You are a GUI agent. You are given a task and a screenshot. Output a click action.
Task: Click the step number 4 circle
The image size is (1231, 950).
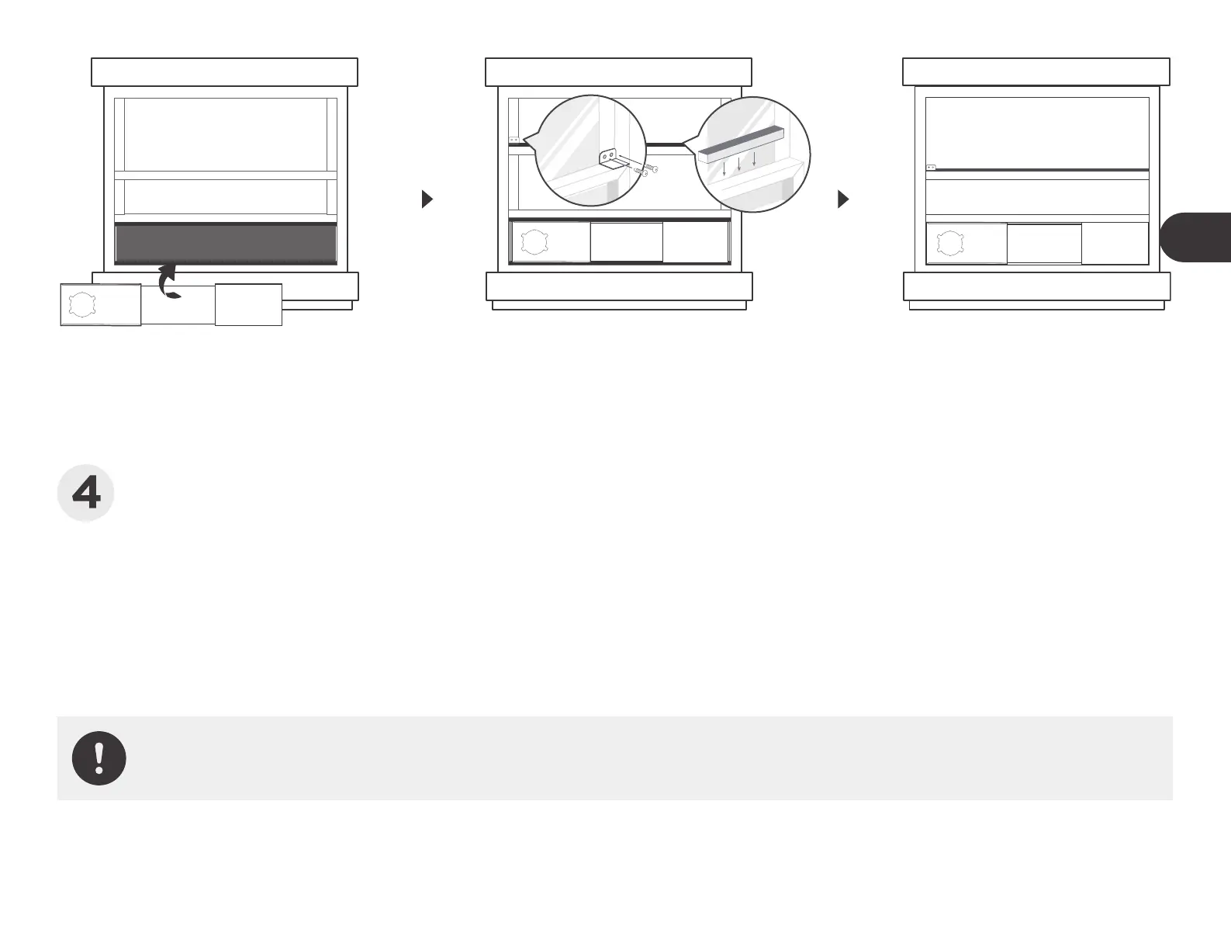pos(86,494)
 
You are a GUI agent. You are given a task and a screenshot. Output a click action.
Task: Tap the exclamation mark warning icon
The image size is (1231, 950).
pos(99,758)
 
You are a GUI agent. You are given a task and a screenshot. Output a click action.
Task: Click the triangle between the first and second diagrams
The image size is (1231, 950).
pos(426,199)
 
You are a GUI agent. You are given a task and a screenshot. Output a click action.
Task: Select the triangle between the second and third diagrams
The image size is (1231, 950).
pos(843,199)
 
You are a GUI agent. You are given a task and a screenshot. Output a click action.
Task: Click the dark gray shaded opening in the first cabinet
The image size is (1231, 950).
pos(226,244)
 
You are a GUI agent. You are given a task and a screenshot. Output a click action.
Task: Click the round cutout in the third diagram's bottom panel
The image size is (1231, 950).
pos(950,244)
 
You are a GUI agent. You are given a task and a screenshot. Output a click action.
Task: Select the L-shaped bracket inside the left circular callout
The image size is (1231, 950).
pos(611,160)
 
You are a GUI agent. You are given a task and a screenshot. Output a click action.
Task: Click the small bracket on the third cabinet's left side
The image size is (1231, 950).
pos(931,167)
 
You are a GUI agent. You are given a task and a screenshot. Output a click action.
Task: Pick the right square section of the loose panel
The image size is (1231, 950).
pos(248,304)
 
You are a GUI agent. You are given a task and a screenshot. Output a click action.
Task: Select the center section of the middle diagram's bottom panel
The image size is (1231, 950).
pos(627,242)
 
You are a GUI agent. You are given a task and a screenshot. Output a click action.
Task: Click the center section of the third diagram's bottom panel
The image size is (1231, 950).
pos(1044,244)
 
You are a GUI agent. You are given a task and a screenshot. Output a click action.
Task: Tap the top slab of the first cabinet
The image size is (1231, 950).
pos(224,71)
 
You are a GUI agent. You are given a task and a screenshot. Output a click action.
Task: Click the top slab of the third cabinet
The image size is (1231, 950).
pos(1036,71)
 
